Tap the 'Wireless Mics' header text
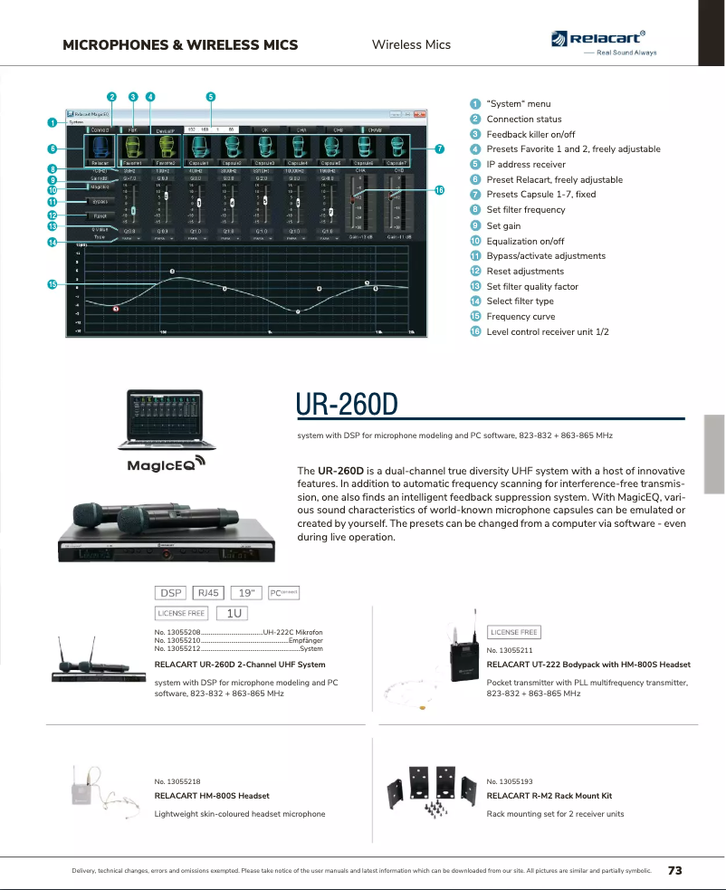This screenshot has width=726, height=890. pyautogui.click(x=411, y=44)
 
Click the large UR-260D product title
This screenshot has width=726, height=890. pyautogui.click(x=348, y=405)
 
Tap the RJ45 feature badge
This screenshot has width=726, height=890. pyautogui.click(x=208, y=593)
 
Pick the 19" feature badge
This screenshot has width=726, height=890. pyautogui.click(x=244, y=593)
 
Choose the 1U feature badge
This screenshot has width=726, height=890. pyautogui.click(x=234, y=613)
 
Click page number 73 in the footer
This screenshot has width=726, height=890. pyautogui.click(x=674, y=870)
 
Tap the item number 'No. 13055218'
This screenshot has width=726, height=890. pyautogui.click(x=178, y=780)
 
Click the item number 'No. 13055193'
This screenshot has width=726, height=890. pyautogui.click(x=510, y=780)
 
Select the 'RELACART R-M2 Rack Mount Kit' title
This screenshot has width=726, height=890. pyautogui.click(x=549, y=796)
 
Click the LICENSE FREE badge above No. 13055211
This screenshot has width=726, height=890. pyautogui.click(x=514, y=632)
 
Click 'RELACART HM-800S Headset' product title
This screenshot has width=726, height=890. pyautogui.click(x=212, y=796)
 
